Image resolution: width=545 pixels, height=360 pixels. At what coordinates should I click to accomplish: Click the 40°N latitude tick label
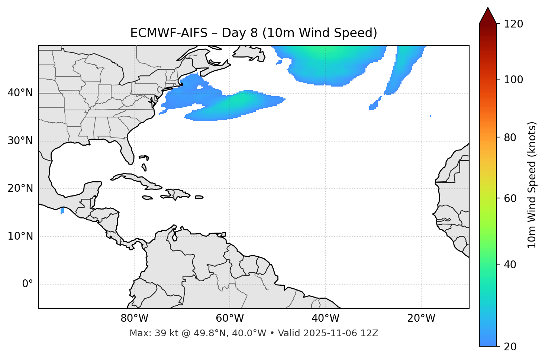(20, 93)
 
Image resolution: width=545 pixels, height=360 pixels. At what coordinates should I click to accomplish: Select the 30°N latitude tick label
(20, 141)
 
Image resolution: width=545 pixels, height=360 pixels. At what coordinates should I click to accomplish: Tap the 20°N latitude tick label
(20, 188)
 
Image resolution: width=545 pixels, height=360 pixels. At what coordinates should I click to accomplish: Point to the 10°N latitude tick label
(20, 236)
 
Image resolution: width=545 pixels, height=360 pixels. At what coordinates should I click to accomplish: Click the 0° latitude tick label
(28, 284)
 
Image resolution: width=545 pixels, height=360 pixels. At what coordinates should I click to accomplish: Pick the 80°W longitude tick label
(134, 318)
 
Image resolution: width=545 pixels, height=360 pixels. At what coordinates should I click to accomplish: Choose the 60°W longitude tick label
(230, 318)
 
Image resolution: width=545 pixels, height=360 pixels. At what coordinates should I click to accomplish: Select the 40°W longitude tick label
(325, 318)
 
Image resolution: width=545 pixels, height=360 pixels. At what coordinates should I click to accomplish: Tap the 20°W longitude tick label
(421, 318)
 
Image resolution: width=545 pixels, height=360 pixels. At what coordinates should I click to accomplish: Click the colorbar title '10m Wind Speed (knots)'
(532, 185)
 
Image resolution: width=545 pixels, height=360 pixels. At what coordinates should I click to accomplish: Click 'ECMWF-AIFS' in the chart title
(169, 33)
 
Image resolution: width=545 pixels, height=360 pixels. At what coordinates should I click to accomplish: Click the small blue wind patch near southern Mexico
(62, 211)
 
